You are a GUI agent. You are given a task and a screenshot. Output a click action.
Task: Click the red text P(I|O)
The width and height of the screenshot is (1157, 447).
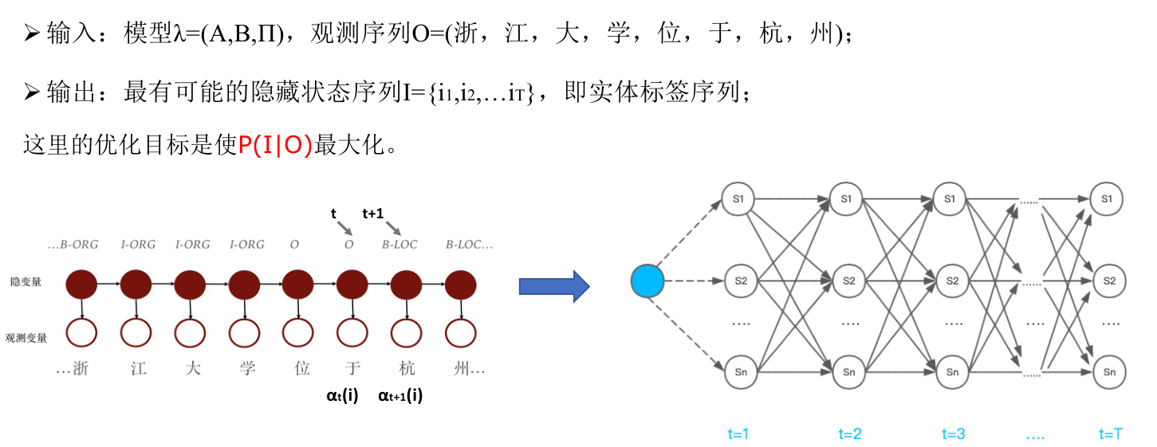pyautogui.click(x=276, y=146)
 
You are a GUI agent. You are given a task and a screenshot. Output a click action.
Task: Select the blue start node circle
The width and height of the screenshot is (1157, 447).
pyautogui.click(x=647, y=281)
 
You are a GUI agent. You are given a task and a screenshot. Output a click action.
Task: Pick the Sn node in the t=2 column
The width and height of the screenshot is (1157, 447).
pyautogui.click(x=847, y=372)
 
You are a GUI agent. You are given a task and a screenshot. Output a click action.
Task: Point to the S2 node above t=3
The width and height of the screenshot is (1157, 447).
pyautogui.click(x=950, y=281)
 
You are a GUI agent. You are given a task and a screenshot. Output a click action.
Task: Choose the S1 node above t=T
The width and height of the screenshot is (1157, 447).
pyautogui.click(x=1108, y=198)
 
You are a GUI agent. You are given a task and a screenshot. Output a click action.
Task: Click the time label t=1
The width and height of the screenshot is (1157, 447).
pyautogui.click(x=738, y=434)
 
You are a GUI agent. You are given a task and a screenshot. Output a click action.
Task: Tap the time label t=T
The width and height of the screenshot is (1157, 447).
pyautogui.click(x=1110, y=434)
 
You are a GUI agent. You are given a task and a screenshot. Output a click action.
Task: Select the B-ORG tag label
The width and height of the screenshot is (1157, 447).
pyautogui.click(x=73, y=245)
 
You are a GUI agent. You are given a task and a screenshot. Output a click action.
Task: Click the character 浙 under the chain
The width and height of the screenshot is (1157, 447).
pyautogui.click(x=80, y=369)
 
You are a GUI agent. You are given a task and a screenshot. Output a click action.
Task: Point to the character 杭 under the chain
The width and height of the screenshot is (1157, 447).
pyautogui.click(x=407, y=369)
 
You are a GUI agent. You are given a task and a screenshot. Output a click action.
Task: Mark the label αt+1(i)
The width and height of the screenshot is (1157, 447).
pyautogui.click(x=400, y=394)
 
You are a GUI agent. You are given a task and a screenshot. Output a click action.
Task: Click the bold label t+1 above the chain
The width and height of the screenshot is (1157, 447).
pyautogui.click(x=373, y=214)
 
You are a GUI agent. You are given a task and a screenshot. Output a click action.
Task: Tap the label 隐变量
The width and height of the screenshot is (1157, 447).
pyautogui.click(x=26, y=282)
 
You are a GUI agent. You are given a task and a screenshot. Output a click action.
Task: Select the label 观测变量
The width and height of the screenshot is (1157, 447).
pyautogui.click(x=26, y=337)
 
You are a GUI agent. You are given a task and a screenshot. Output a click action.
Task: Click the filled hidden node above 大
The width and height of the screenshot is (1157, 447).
pyautogui.click(x=190, y=284)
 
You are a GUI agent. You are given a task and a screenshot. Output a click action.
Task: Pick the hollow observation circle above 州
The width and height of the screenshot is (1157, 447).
pyautogui.click(x=460, y=333)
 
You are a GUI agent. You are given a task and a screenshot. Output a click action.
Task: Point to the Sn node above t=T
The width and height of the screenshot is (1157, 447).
pyautogui.click(x=1108, y=372)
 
